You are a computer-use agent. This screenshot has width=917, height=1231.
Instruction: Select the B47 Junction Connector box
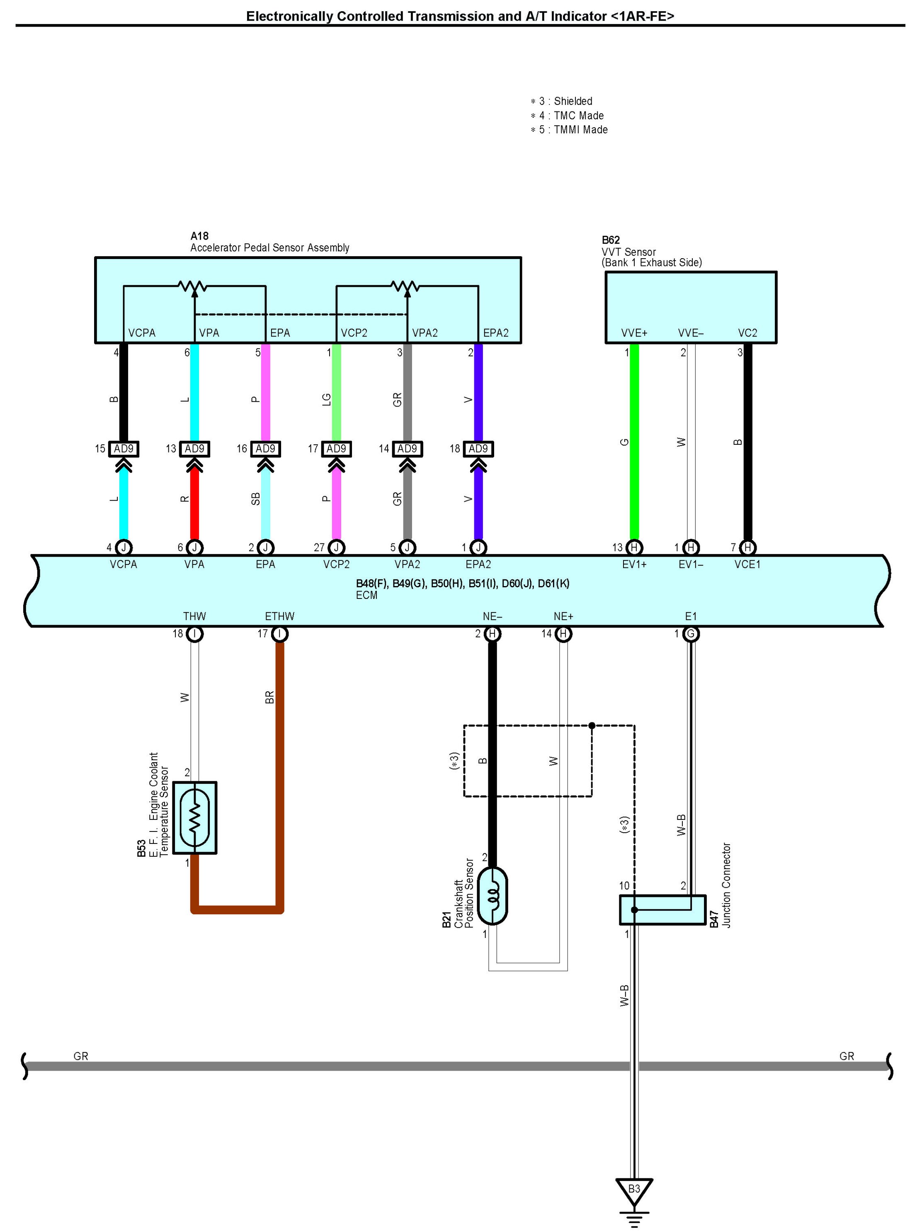(x=662, y=910)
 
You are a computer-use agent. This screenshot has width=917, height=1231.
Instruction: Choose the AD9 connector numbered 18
(x=478, y=448)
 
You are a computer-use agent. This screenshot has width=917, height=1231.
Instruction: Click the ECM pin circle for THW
(x=194, y=634)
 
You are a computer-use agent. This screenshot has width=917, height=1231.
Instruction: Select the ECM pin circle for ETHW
(x=280, y=634)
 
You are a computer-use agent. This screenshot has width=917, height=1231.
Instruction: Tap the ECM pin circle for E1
(x=691, y=634)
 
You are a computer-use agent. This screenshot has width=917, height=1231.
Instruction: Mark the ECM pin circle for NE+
(x=563, y=634)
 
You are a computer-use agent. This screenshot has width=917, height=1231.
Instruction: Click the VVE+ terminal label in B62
(x=634, y=333)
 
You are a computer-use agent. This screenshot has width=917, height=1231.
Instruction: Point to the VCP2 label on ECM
(x=336, y=565)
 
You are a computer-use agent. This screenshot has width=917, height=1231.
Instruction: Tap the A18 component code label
(x=199, y=236)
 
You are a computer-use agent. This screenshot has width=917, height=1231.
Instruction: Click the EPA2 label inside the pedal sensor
(x=496, y=333)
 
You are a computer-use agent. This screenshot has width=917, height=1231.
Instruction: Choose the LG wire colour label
(x=326, y=399)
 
